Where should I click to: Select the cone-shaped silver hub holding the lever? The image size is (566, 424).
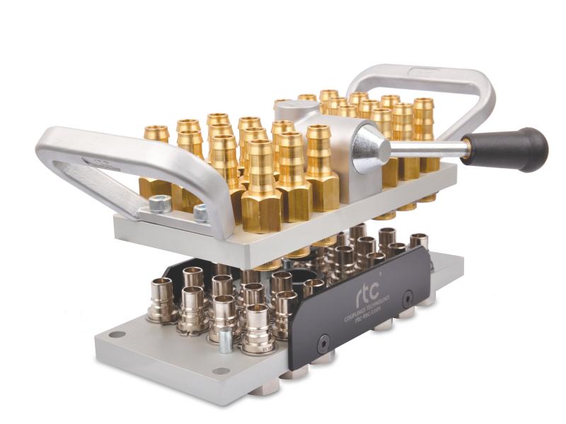pos(367,146)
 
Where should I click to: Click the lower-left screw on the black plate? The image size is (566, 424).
pos(323,344)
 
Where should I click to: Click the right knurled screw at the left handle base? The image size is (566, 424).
pos(202,211)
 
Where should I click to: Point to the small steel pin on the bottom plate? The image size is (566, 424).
pos(224,342)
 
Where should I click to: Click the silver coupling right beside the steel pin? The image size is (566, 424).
pos(256,329)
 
